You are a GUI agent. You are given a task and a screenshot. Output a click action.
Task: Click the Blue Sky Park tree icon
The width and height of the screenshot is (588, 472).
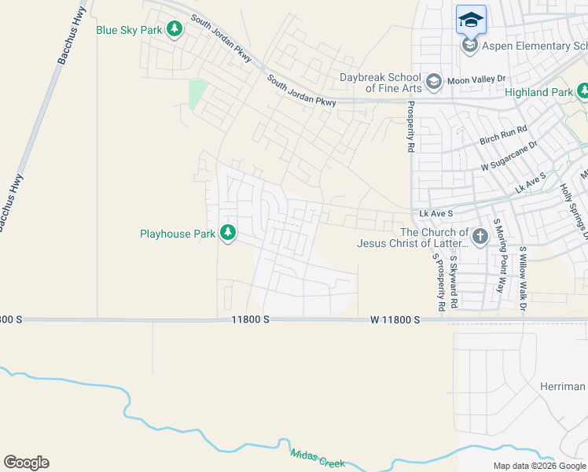coord(175,30)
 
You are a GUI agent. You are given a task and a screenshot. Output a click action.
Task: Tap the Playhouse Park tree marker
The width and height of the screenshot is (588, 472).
coord(228,234)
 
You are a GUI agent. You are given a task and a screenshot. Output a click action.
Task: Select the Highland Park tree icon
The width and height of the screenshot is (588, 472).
coord(583,92)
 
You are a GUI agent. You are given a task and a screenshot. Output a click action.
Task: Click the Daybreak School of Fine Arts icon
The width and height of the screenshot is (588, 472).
coord(433,82)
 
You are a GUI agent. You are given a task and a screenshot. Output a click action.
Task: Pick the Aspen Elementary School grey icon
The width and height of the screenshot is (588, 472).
coord(470,46)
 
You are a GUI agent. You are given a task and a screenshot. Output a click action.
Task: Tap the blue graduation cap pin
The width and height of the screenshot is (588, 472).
coord(471,20)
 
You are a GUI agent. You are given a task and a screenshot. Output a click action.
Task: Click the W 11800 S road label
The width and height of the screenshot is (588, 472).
coord(396,319)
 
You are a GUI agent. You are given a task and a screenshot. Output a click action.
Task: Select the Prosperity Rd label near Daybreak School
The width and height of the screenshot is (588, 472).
coord(410,127)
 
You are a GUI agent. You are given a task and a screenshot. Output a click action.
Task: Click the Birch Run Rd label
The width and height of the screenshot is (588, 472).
coord(503,135)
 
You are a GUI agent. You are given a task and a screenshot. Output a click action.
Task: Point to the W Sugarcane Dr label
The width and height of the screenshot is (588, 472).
coord(509,157)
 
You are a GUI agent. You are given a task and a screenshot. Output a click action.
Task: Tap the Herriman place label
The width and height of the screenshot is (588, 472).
coord(563,386)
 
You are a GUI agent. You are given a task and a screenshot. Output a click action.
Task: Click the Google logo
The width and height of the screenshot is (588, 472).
coord(26,463)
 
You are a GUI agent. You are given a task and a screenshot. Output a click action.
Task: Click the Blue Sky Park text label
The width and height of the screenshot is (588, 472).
coord(129,30)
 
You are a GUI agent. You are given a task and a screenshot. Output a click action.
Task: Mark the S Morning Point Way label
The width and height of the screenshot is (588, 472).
coord(498,256)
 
